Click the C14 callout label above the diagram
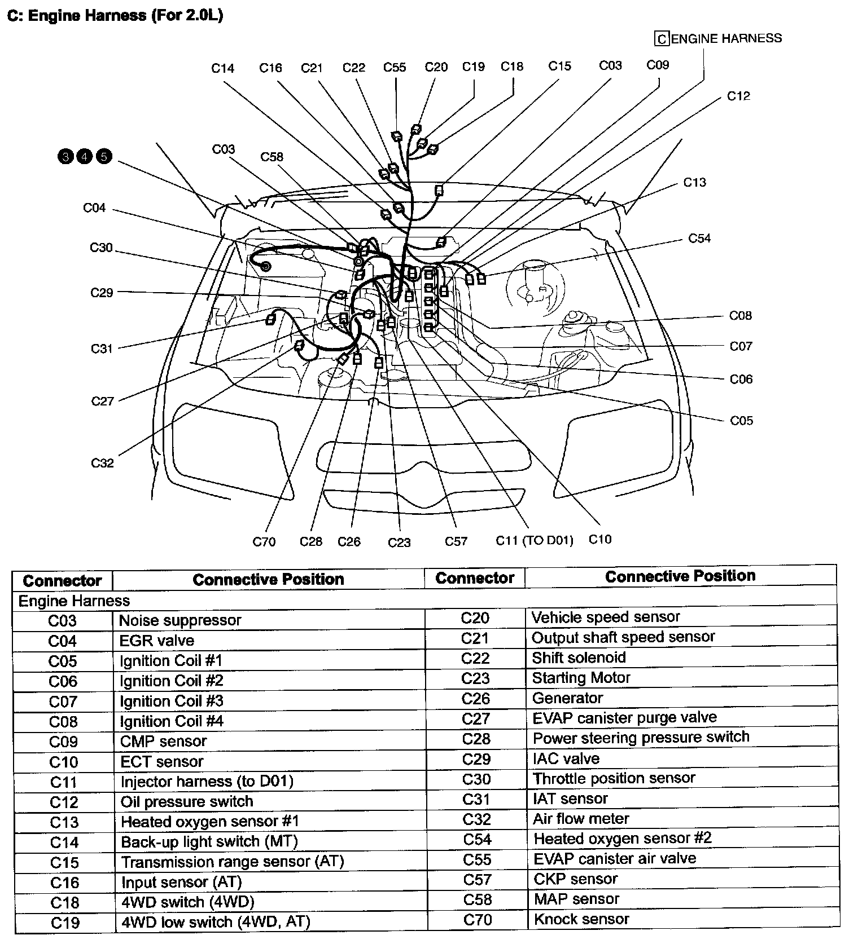[222, 68]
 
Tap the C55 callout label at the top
[394, 68]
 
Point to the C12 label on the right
[738, 96]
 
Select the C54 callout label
[699, 239]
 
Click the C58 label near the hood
[272, 157]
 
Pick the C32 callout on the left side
[102, 463]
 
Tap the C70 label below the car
[264, 542]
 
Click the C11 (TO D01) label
[534, 540]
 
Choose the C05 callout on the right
[741, 421]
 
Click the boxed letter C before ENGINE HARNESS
[661, 39]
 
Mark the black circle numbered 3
[66, 156]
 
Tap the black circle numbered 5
[104, 156]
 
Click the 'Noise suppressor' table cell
[180, 620]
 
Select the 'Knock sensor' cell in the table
[581, 919]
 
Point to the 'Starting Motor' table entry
[581, 677]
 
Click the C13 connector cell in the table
[64, 822]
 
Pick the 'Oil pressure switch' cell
[186, 801]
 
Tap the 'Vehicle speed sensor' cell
[605, 617]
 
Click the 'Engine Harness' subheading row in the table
[74, 601]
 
